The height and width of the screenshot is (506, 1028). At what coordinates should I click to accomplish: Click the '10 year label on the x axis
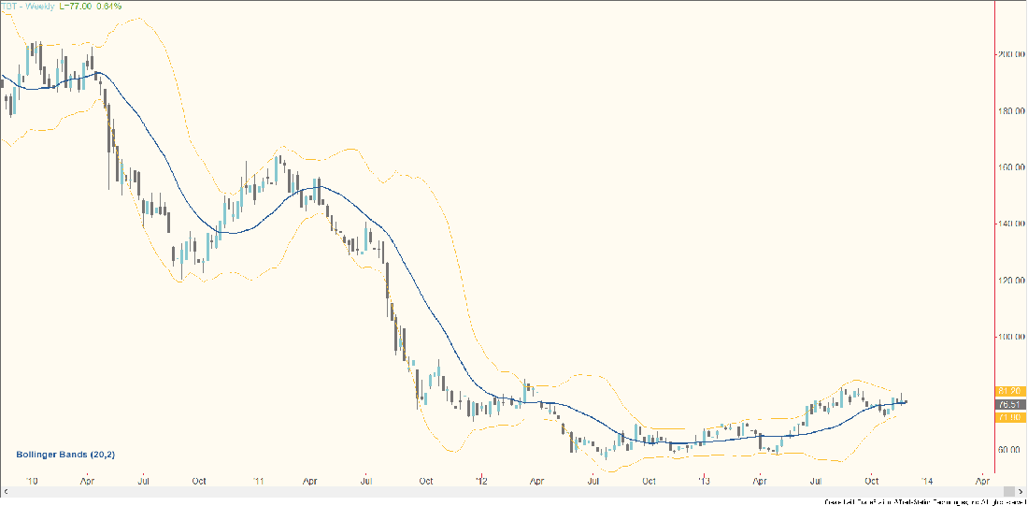(32, 481)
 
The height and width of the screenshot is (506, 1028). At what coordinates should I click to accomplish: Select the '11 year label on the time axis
(256, 481)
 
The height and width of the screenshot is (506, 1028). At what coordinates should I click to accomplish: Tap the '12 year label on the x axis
(480, 481)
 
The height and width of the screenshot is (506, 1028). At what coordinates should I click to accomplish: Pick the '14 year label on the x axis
(926, 481)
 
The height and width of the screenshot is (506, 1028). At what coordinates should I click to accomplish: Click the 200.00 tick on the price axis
(1008, 54)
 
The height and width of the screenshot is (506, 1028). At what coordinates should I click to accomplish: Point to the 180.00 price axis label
(1008, 111)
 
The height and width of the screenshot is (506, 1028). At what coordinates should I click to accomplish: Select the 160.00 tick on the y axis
(1008, 167)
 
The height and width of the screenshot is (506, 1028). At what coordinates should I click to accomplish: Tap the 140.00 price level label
(1008, 224)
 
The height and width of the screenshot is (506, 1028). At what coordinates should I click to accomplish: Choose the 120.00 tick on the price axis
(1008, 280)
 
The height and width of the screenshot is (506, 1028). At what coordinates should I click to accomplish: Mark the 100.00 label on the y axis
(1008, 336)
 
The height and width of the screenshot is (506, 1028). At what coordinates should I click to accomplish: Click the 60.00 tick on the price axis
(1008, 449)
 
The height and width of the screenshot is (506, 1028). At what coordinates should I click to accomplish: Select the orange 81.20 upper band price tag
(1009, 390)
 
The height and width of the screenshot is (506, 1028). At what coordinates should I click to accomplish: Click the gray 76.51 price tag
(1009, 404)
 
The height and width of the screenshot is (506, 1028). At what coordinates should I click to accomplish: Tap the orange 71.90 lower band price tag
(1009, 417)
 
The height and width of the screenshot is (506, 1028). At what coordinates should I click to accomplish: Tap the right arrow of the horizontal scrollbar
(1007, 492)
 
